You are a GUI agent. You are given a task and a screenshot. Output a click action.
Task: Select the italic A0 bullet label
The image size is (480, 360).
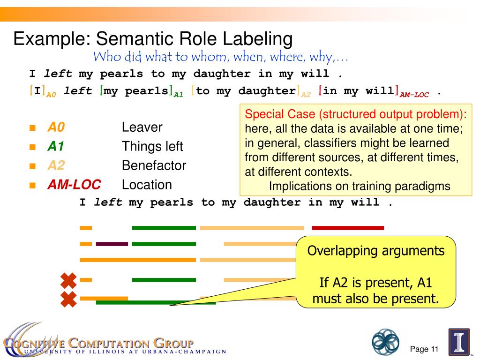click(55, 127)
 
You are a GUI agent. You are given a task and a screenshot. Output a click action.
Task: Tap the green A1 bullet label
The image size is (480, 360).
click(55, 147)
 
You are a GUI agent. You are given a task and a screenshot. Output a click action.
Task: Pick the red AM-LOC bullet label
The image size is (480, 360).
click(74, 185)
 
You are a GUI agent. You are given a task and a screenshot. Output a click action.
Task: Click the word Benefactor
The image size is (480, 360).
click(154, 165)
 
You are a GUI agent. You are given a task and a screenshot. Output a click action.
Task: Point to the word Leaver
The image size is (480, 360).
click(142, 127)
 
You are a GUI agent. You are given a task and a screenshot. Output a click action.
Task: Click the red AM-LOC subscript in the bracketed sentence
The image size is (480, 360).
click(414, 95)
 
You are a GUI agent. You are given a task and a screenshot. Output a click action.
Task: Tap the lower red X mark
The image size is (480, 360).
click(69, 298)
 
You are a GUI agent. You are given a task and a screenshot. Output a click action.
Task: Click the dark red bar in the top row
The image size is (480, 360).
click(347, 228)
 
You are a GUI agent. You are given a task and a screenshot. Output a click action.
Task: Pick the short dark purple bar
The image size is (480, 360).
click(112, 244)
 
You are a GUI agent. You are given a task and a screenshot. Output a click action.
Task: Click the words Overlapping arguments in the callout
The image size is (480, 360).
click(375, 251)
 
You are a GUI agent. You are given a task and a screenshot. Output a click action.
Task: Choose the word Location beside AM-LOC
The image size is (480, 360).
click(147, 185)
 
